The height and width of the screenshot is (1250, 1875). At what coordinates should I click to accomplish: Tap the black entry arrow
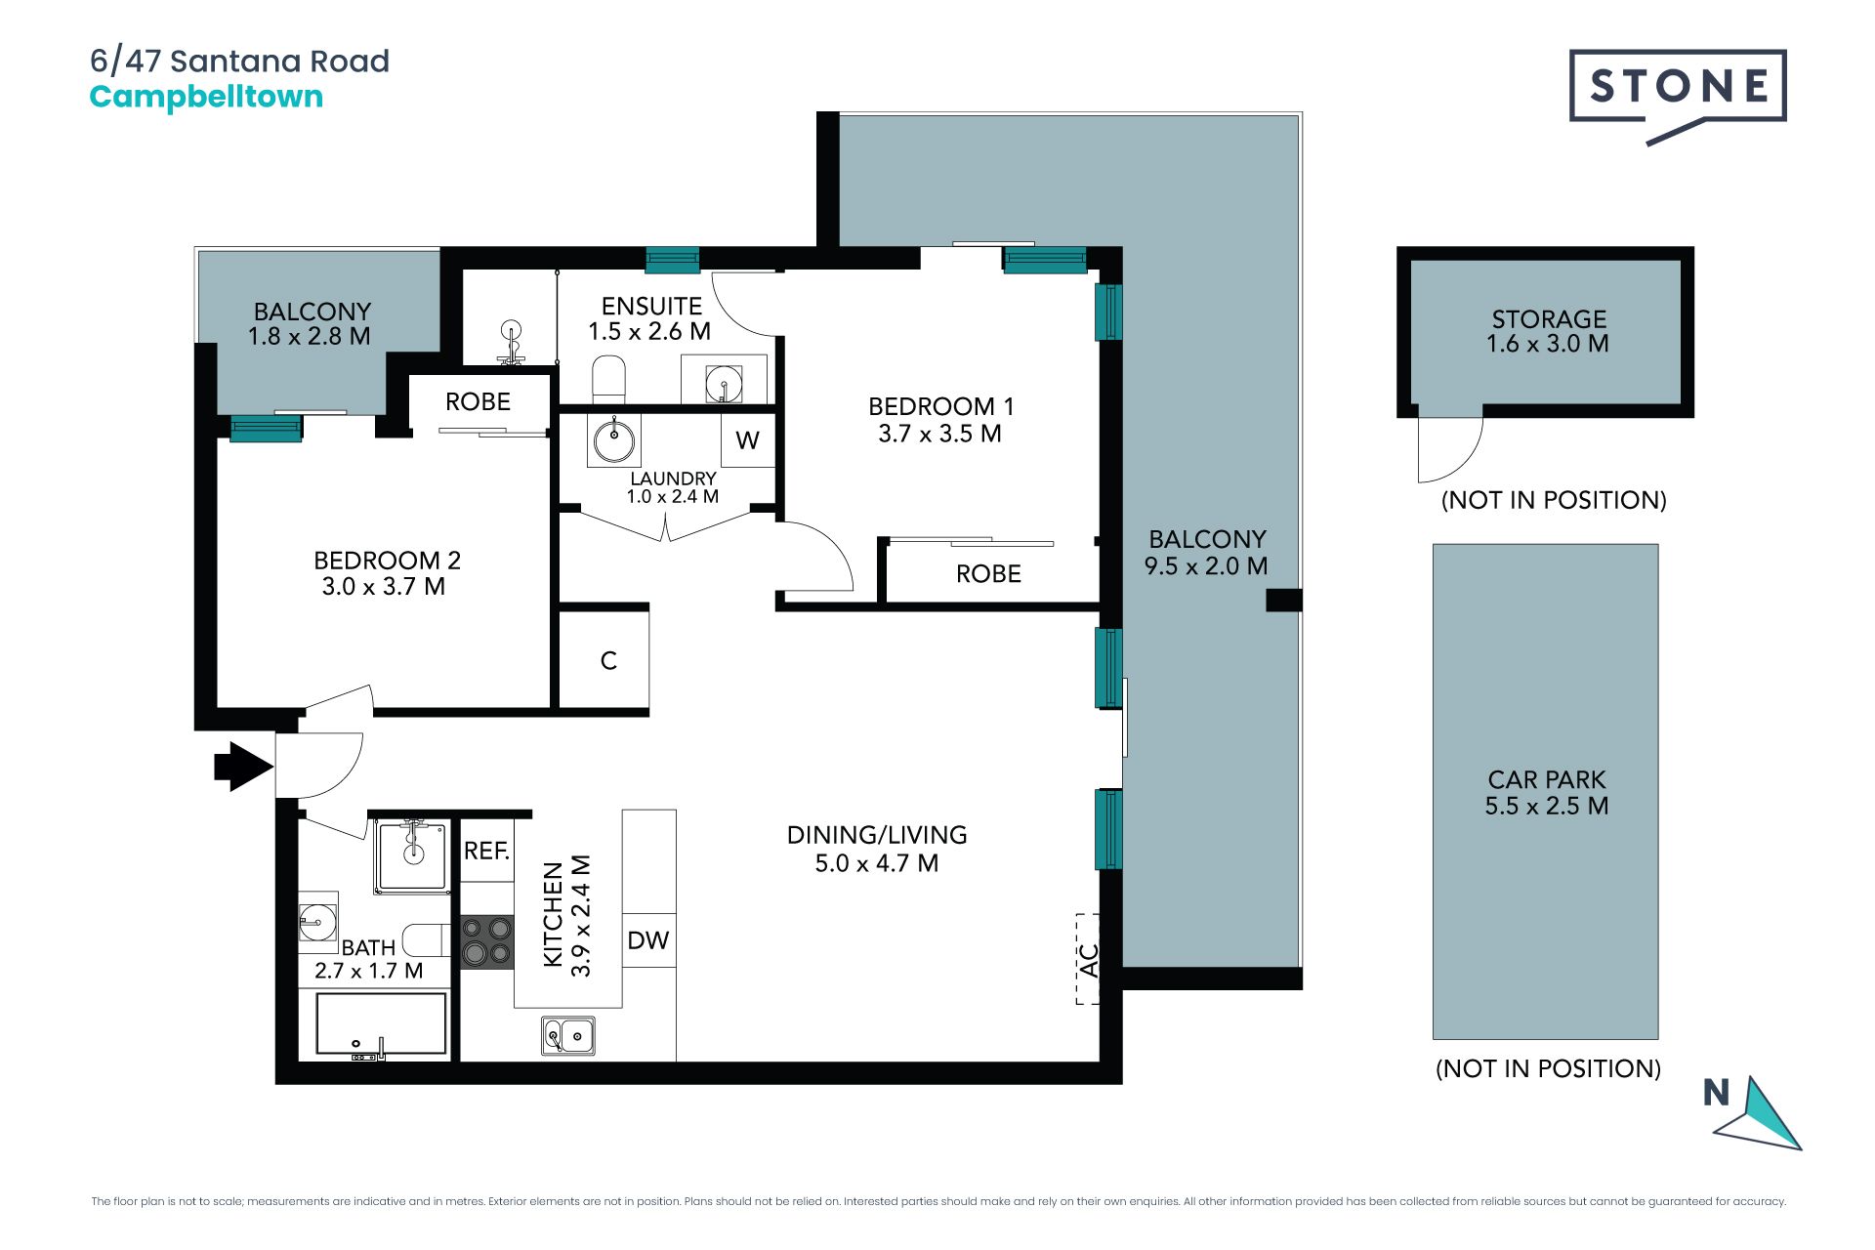tap(243, 767)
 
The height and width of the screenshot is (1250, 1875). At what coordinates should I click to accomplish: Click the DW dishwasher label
tap(648, 940)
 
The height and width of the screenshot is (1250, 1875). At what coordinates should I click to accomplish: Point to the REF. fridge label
tap(486, 851)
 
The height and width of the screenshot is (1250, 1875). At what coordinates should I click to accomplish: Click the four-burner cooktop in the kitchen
tap(486, 941)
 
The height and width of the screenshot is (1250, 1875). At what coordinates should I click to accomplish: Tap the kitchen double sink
tap(568, 1036)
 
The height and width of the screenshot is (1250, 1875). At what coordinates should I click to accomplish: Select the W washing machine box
tap(748, 440)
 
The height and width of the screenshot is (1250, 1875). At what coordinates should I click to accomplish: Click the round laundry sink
tap(614, 441)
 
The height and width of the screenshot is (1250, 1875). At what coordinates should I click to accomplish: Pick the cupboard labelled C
tap(604, 659)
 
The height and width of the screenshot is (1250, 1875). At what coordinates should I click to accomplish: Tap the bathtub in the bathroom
tap(381, 1024)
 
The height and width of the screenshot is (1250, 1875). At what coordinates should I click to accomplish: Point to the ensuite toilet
tap(608, 379)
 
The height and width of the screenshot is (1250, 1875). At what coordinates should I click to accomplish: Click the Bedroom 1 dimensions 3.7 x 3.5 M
tap(939, 434)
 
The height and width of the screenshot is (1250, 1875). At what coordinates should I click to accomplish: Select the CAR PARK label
tap(1547, 779)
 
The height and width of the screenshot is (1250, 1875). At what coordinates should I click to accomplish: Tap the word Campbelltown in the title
tap(206, 98)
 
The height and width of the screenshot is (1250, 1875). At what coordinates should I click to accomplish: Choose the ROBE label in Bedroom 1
tap(988, 574)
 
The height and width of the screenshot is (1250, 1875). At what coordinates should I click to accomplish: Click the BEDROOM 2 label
tap(387, 561)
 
